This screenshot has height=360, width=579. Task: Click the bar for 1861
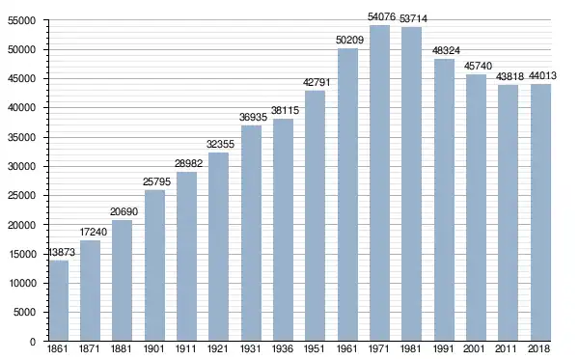[59, 300]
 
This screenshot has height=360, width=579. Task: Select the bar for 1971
[379, 183]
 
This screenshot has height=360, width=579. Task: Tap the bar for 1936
[283, 230]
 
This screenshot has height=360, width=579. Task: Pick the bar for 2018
[540, 212]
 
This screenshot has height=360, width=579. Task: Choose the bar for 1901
[154, 265]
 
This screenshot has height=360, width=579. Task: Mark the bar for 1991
[444, 200]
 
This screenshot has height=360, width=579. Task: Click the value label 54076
[381, 17]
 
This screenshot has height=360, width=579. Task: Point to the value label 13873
[62, 252]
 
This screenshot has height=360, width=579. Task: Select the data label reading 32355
[220, 144]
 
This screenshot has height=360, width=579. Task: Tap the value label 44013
[542, 75]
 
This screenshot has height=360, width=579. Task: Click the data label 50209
[349, 40]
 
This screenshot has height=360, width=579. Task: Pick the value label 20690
[124, 211]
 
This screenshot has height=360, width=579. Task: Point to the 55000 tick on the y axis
[22, 20]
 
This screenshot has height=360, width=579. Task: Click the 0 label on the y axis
[33, 342]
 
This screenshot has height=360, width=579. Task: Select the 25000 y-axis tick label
[22, 196]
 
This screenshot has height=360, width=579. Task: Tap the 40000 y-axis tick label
[22, 108]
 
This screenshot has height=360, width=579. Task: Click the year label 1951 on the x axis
[315, 348]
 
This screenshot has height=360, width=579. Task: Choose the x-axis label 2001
[476, 348]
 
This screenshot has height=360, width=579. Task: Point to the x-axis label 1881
[122, 348]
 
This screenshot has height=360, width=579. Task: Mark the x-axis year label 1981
[411, 348]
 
